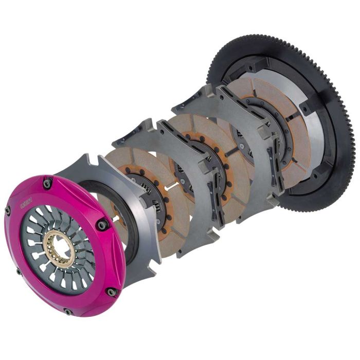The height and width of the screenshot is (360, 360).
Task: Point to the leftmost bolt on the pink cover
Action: coord(8,210)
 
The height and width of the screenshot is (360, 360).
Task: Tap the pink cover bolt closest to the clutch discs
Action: coord(102,224)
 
